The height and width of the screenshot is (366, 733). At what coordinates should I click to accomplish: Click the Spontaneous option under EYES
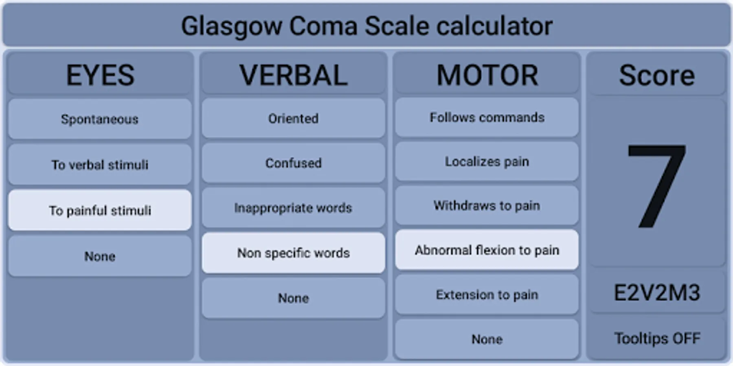pos(100,119)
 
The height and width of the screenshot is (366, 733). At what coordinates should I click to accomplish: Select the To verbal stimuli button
pos(100,165)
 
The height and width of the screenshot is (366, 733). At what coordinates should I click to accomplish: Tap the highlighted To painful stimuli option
pos(100,210)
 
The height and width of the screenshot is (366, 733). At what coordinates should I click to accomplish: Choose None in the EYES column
pos(100,256)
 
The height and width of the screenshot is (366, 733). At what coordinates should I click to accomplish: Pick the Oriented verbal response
pos(293,118)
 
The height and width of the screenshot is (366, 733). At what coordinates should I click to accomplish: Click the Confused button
pos(293,163)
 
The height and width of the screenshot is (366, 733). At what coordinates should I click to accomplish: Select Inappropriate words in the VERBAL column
pos(293,208)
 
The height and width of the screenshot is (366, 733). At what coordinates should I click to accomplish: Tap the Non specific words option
pos(293,253)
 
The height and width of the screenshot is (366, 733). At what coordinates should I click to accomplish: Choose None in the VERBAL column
pos(293,298)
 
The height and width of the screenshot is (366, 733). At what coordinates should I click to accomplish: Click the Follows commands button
pos(487,117)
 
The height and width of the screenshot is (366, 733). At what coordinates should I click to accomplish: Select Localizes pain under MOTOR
pos(487,161)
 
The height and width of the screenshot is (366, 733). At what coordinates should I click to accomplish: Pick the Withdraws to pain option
pos(487,206)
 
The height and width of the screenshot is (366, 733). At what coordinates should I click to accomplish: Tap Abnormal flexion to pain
pos(487,250)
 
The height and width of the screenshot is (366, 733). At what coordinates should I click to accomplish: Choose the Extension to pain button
pos(487,294)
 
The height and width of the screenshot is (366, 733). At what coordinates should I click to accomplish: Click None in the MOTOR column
pos(487,339)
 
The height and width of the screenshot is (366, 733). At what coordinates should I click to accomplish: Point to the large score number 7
pos(656,186)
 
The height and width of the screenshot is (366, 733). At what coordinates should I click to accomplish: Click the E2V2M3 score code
pos(657,293)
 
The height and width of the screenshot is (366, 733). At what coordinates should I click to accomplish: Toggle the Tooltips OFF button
pos(657,338)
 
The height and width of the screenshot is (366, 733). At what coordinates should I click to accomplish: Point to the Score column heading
pos(657,75)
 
